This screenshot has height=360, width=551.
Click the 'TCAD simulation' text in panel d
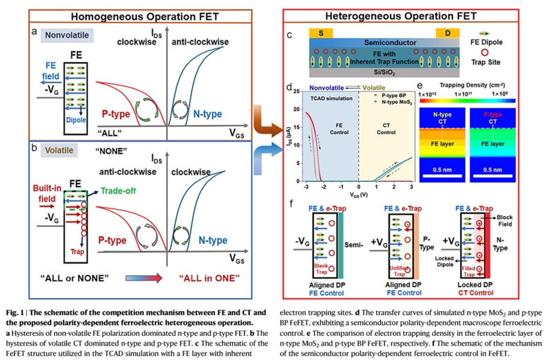tap(322, 99)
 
